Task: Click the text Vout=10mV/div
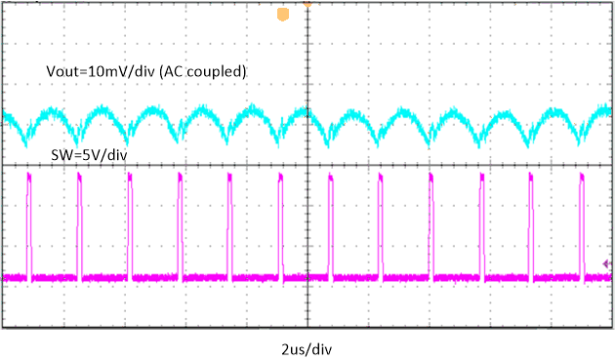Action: pyautogui.click(x=95, y=72)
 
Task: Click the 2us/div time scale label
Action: pyautogui.click(x=307, y=347)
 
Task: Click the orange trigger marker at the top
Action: pyautogui.click(x=283, y=15)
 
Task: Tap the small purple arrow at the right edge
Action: pyautogui.click(x=607, y=263)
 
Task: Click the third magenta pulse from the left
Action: pyautogui.click(x=129, y=224)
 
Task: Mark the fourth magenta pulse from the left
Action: pyautogui.click(x=180, y=224)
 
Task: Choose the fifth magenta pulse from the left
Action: pyautogui.click(x=229, y=224)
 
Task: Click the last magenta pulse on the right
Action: pyautogui.click(x=582, y=224)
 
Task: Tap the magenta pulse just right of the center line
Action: pyautogui.click(x=330, y=224)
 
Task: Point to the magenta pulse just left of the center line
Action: pyautogui.click(x=280, y=224)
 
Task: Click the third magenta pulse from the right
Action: pyautogui.click(x=481, y=224)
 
